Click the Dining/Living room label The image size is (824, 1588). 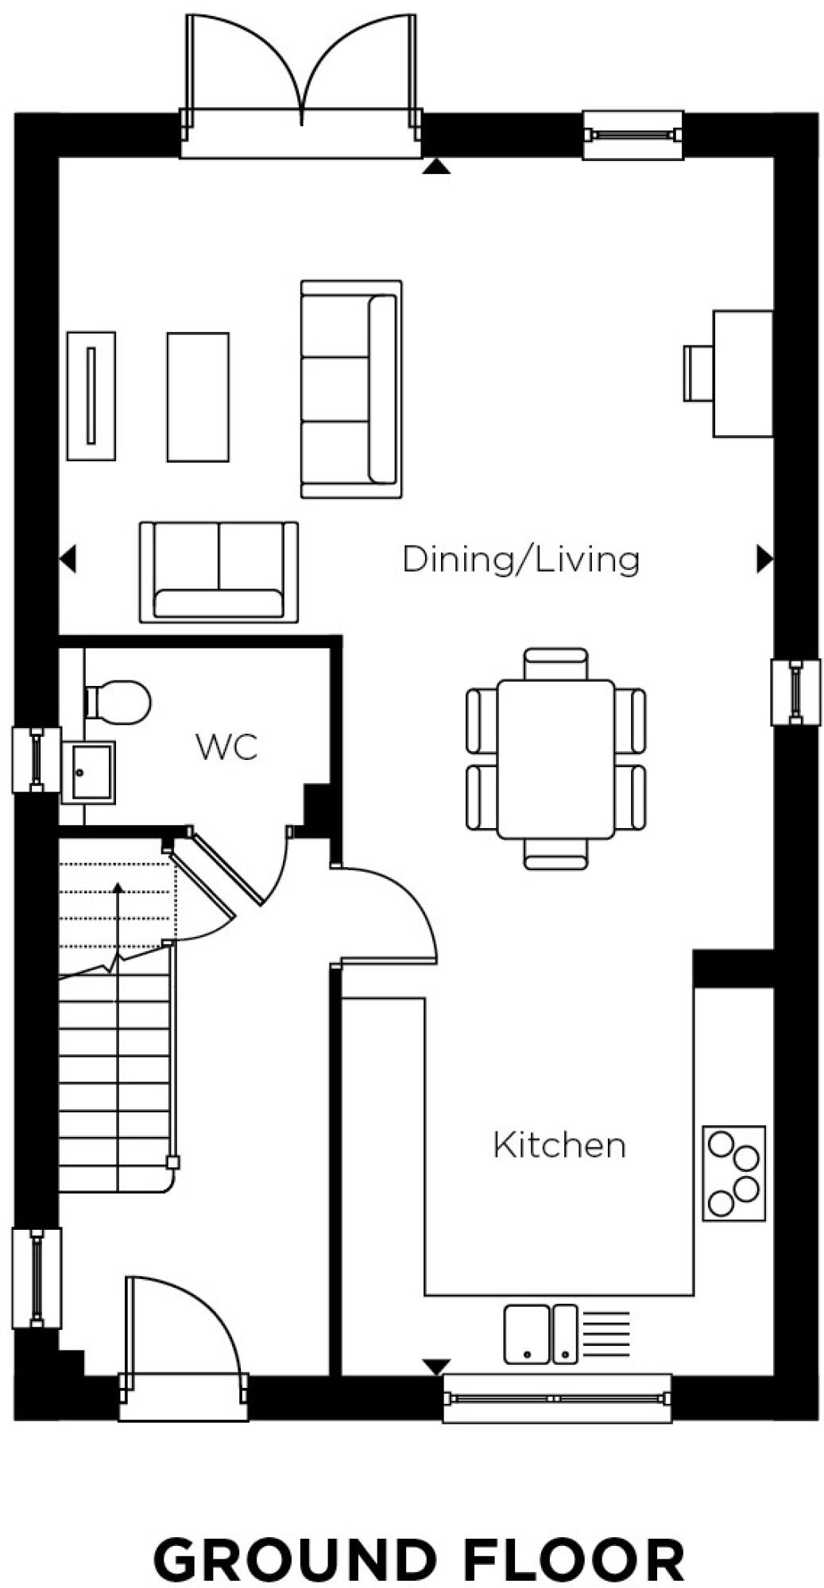(520, 559)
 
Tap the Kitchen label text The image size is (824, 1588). (559, 1145)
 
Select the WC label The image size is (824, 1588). (226, 747)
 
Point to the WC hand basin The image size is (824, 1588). (89, 771)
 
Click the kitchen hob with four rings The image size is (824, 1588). (733, 1173)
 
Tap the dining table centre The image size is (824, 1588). (555, 758)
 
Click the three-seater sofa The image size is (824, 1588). (350, 389)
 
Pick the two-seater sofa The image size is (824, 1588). (219, 572)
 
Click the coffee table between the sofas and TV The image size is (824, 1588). (198, 397)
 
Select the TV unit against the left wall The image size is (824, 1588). (91, 395)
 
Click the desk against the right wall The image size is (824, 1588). (742, 373)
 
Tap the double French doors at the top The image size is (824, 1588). (301, 79)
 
